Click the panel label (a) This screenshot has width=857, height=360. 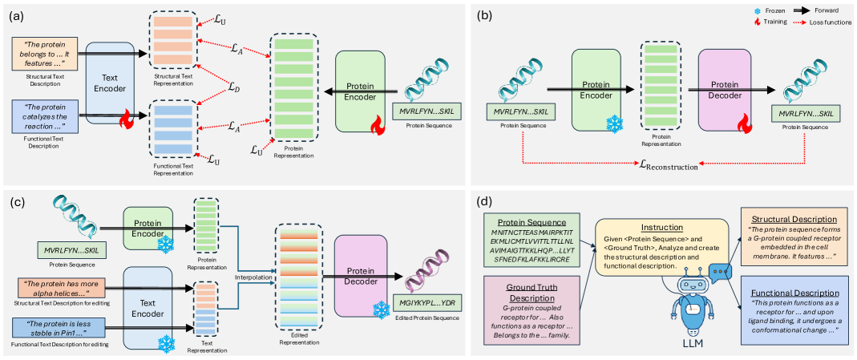[14, 13]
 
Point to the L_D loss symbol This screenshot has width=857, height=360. [232, 87]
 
